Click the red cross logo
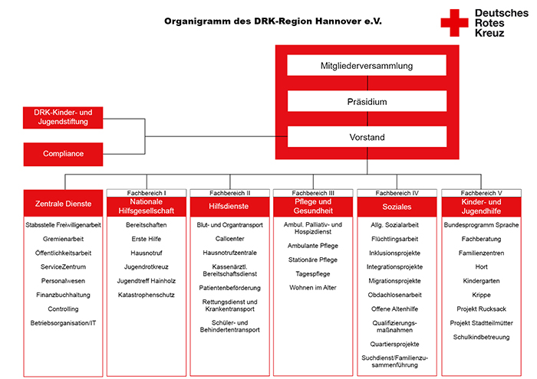[x=454, y=22]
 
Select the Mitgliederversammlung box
[x=367, y=65]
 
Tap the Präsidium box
[x=367, y=101]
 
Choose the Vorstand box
[x=367, y=137]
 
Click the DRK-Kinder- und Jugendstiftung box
[x=63, y=118]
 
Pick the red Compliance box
[x=63, y=154]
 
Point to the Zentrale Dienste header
[x=63, y=204]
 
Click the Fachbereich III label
[x=313, y=193]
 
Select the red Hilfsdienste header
[x=229, y=207]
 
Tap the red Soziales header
[x=397, y=207]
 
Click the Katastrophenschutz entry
[x=147, y=295]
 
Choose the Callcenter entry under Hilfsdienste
[x=230, y=239]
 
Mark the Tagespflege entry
[x=313, y=274]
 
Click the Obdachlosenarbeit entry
[x=394, y=295]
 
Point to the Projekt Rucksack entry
[x=481, y=309]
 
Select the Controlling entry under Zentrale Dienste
[x=63, y=309]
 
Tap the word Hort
[x=481, y=266]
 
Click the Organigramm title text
[x=273, y=21]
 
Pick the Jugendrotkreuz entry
[x=147, y=266]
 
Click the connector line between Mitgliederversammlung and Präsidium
[x=367, y=83]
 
